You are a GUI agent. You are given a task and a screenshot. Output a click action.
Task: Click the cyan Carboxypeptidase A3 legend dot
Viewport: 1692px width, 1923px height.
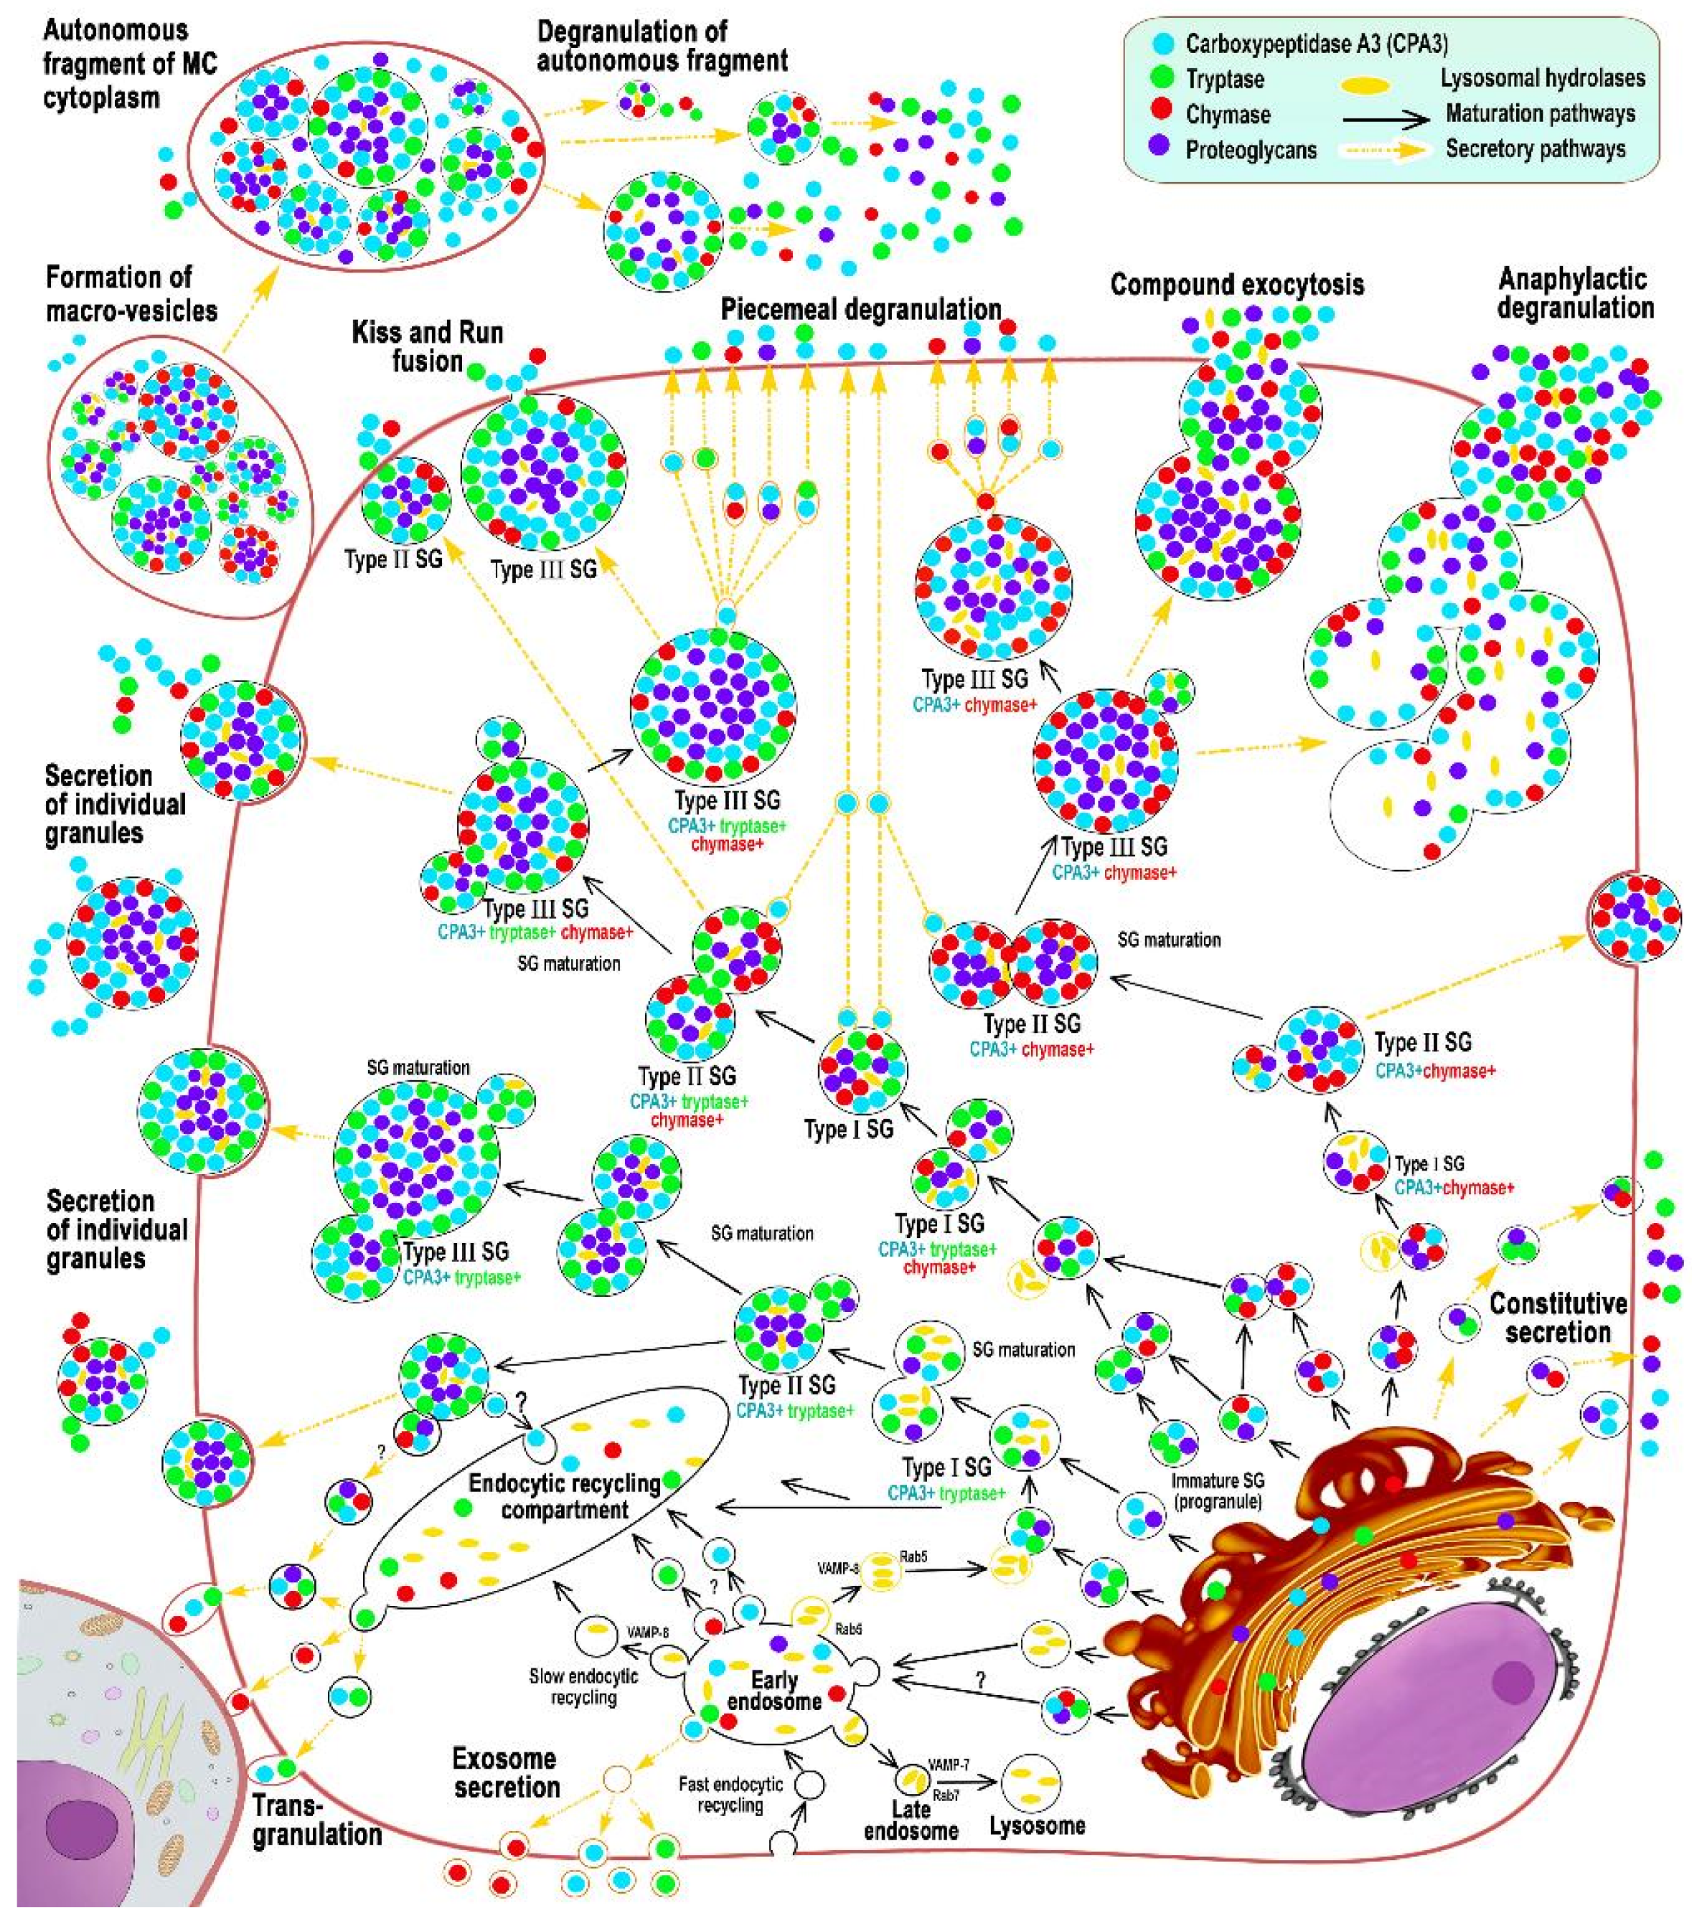coord(1163,43)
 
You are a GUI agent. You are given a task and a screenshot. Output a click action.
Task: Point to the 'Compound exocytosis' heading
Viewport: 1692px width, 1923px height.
coord(1236,285)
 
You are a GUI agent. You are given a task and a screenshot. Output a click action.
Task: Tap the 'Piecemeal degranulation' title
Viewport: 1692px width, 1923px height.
coord(860,310)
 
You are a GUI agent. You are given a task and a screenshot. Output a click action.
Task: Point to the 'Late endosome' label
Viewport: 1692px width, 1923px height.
coord(910,1820)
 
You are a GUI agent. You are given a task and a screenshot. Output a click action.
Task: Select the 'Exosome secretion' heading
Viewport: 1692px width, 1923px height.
coord(507,1772)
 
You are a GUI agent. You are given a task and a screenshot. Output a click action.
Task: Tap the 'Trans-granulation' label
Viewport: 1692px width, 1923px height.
coord(316,1820)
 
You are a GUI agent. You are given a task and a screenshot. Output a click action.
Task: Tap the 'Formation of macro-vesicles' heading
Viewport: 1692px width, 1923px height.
coord(132,293)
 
